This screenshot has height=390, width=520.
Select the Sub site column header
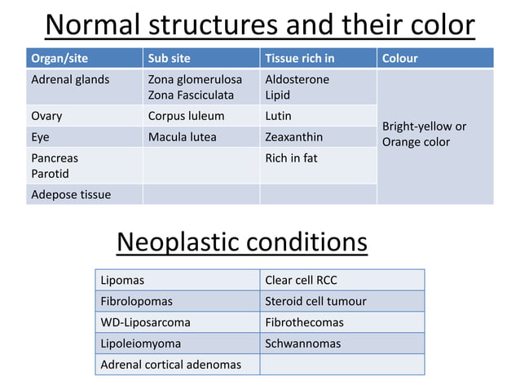pyautogui.click(x=168, y=59)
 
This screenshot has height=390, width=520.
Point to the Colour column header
pyautogui.click(x=400, y=59)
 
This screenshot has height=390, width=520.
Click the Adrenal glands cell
pyautogui.click(x=70, y=80)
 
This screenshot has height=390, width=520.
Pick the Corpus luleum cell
pyautogui.click(x=186, y=116)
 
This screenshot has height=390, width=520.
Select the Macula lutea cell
pyautogui.click(x=182, y=137)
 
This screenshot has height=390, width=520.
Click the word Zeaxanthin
pyautogui.click(x=294, y=137)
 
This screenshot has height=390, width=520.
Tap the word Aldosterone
pyautogui.click(x=297, y=80)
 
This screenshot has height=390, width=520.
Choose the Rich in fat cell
pyautogui.click(x=291, y=157)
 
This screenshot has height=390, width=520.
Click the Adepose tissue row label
pyautogui.click(x=71, y=194)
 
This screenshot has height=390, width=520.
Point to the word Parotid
pyautogui.click(x=50, y=174)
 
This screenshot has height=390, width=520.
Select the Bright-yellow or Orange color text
pyautogui.click(x=424, y=135)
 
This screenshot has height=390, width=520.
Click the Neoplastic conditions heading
pyautogui.click(x=242, y=242)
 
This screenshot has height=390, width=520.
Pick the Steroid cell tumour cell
pyautogui.click(x=315, y=301)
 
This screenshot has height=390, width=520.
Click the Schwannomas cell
pyautogui.click(x=303, y=343)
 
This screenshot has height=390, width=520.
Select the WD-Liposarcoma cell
pyautogui.click(x=145, y=322)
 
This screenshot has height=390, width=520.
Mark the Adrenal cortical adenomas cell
pyautogui.click(x=170, y=364)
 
